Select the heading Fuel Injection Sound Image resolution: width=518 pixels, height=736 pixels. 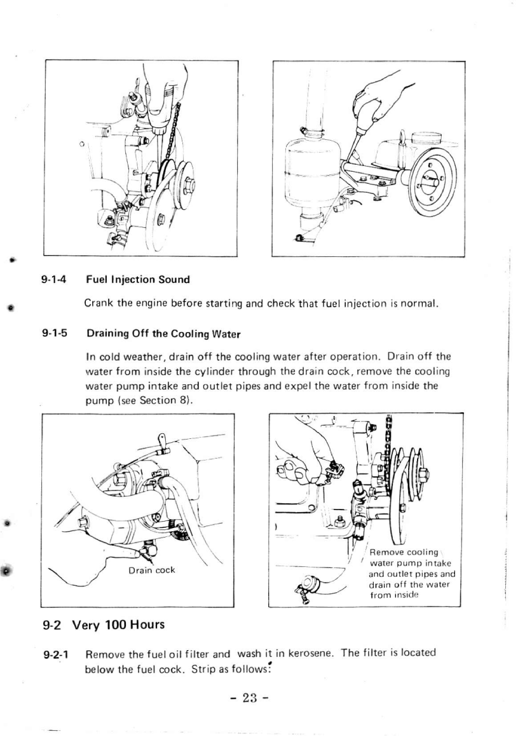(x=137, y=279)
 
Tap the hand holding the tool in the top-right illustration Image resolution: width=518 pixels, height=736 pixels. (x=375, y=99)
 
